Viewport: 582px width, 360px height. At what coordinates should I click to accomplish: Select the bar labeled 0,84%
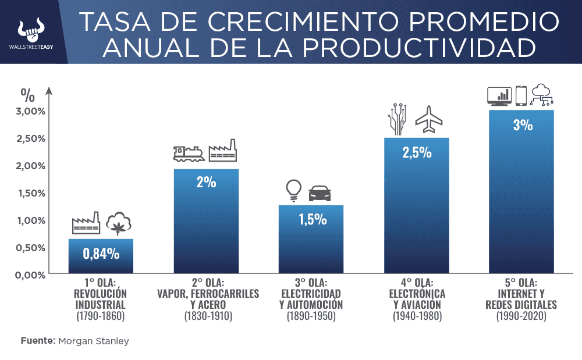coord(101,256)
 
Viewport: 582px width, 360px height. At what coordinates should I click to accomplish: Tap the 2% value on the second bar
coord(206,182)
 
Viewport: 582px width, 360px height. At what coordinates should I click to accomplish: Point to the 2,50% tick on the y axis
coord(29,138)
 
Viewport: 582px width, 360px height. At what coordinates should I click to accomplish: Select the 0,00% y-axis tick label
coord(29,275)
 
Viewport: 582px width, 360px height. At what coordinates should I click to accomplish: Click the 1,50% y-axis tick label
coord(29,193)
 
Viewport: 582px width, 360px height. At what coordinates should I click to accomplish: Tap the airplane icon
coord(429,119)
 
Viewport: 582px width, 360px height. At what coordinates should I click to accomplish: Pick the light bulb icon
coord(293,190)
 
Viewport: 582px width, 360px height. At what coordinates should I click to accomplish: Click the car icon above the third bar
coord(320,193)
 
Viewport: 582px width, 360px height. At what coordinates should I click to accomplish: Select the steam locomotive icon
coord(189,152)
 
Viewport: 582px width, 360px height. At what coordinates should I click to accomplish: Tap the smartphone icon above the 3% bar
coord(521,95)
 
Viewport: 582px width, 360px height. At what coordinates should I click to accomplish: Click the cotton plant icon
coord(119,223)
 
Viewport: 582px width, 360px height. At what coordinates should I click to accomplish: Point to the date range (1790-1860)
coord(101,317)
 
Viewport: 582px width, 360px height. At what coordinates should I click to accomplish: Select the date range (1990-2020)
coord(522,317)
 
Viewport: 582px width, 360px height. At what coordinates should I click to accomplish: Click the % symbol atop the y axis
coord(27,93)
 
